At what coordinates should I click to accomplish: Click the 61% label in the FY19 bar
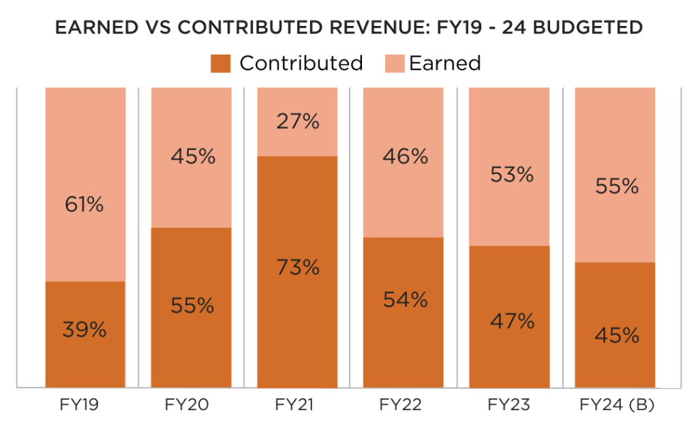[x=85, y=203]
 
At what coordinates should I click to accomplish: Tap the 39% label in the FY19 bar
[x=85, y=329]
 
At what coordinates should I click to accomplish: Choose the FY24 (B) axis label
[x=616, y=405]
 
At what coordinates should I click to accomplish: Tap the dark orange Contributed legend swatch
[x=222, y=63]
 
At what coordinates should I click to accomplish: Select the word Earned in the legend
[x=445, y=63]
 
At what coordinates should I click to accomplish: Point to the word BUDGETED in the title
[x=583, y=28]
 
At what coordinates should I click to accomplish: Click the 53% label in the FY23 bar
[x=511, y=175]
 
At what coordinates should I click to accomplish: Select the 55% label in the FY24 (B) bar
[x=616, y=186]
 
